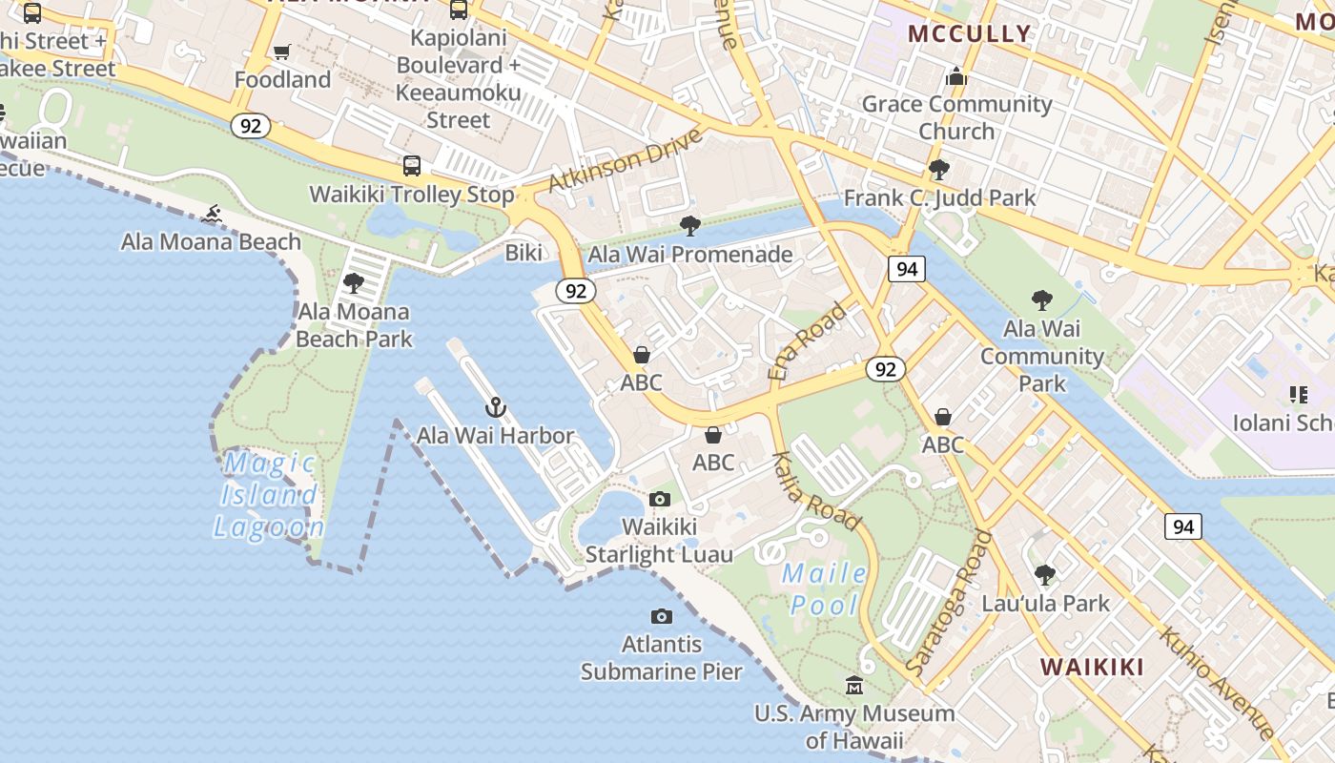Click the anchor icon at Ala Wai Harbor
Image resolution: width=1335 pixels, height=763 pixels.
(x=496, y=408)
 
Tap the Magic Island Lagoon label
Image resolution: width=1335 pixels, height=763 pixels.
(x=269, y=495)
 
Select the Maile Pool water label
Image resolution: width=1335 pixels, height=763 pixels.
(x=825, y=589)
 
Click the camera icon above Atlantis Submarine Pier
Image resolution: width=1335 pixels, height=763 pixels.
(x=661, y=617)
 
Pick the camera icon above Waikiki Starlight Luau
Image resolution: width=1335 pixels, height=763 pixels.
(x=659, y=499)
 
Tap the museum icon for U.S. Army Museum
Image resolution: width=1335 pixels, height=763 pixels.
(x=854, y=686)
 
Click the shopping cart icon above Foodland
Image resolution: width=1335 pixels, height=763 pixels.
(x=281, y=52)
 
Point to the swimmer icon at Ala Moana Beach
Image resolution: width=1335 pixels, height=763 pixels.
(x=212, y=214)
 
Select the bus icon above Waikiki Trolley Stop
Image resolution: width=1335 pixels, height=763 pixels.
(x=412, y=166)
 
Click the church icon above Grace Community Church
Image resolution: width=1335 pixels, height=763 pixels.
(x=955, y=76)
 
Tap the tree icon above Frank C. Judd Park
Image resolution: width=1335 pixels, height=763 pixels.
(x=939, y=170)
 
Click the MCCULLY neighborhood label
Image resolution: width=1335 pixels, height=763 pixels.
(x=969, y=34)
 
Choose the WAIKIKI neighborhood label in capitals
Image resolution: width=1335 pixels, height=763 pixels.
(x=1092, y=667)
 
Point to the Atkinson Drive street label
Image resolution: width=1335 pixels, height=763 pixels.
(x=626, y=159)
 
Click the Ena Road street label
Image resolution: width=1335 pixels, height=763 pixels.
(x=808, y=341)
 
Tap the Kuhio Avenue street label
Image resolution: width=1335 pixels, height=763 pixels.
(x=1216, y=682)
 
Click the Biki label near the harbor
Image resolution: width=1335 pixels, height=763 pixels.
(x=524, y=253)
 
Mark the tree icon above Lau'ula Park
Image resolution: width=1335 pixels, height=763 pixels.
(x=1045, y=575)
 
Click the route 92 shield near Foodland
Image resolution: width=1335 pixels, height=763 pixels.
(x=250, y=126)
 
